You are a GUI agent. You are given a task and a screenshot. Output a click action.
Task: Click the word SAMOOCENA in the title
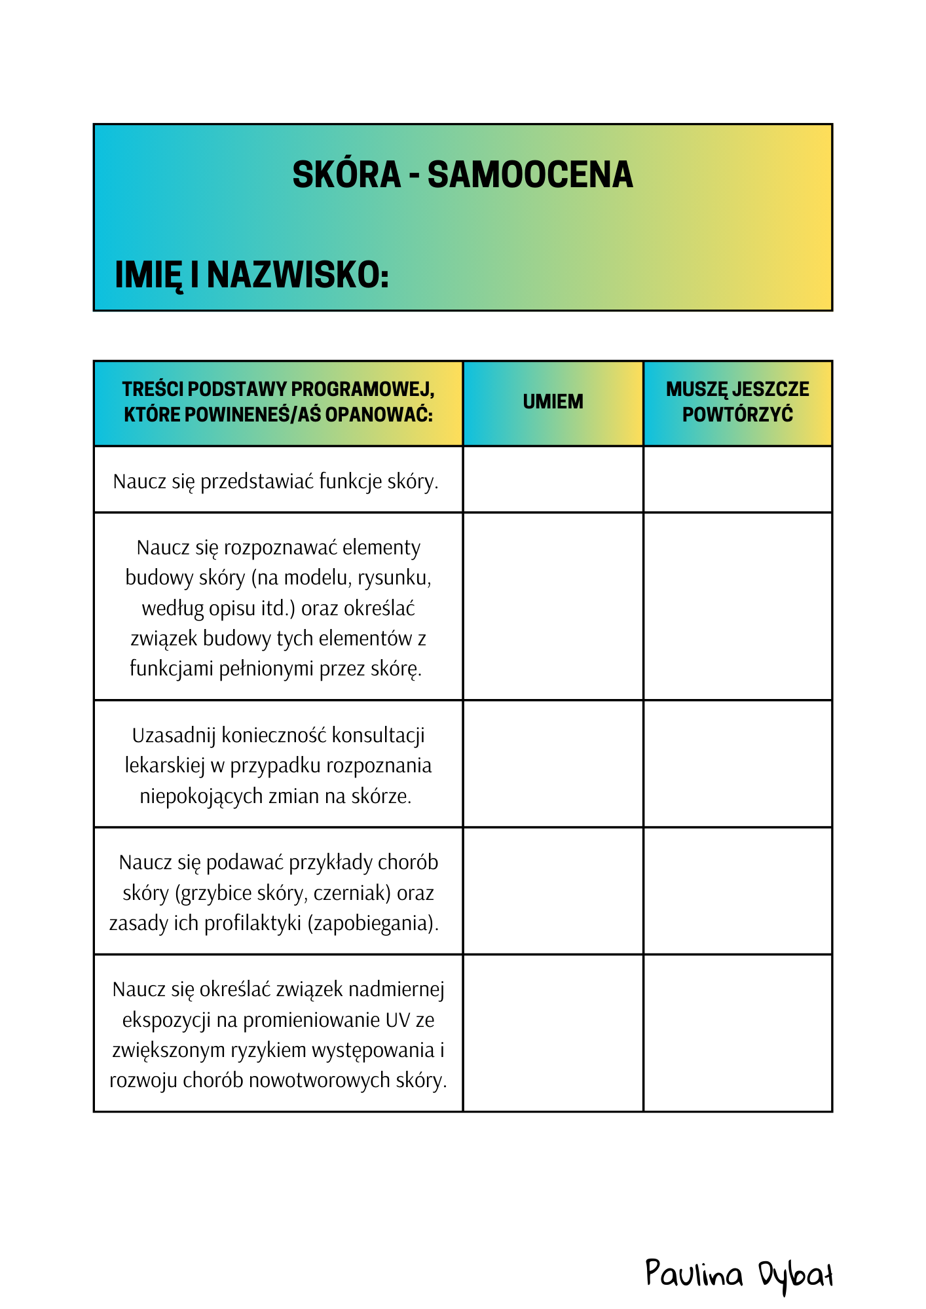[530, 175]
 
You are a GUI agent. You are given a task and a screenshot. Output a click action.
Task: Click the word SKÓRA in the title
[346, 175]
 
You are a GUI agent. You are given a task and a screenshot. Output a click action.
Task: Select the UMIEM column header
[553, 401]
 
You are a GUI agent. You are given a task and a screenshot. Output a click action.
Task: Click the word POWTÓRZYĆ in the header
[737, 414]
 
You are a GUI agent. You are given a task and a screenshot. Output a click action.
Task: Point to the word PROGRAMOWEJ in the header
[362, 389]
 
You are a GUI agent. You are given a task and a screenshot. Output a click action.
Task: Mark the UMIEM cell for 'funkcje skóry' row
[553, 480]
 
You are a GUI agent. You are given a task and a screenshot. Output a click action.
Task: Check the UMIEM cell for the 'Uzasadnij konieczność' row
[553, 764]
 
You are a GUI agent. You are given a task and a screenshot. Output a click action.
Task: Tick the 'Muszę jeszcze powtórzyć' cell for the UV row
[737, 1033]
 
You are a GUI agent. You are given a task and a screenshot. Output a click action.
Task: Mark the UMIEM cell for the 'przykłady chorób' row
[553, 891]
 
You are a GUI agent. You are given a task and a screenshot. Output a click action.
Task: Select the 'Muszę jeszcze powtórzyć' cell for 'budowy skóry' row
[737, 606]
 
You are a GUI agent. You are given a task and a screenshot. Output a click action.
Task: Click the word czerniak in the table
[352, 893]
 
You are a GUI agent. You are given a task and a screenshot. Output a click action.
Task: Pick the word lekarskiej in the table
[165, 766]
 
